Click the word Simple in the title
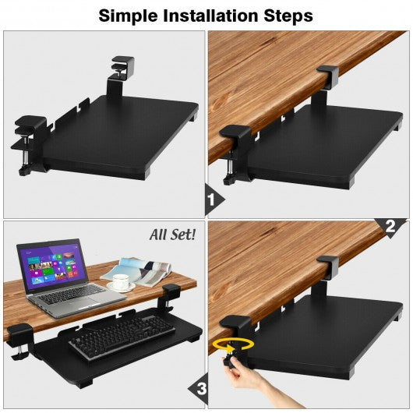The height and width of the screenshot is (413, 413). point(128,16)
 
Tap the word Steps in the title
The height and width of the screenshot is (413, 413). point(288,16)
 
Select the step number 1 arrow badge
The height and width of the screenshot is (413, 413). point(214,200)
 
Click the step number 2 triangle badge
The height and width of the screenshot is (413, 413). point(390,226)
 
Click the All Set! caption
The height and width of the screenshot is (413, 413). point(172,235)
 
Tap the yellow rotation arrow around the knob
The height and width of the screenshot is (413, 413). point(233,344)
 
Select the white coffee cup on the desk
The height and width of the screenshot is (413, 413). point(121,281)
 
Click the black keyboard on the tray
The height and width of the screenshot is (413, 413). point(122,335)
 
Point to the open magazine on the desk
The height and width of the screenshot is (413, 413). point(137,272)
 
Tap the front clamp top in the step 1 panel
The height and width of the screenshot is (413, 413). point(235,132)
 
